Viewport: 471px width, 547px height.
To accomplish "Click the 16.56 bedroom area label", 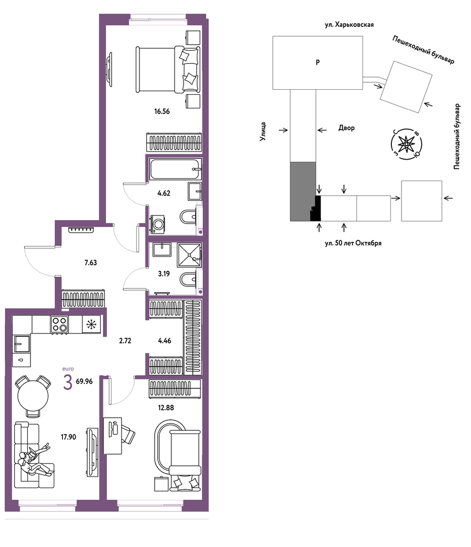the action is [x=162, y=112].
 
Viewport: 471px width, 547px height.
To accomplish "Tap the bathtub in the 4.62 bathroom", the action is [x=175, y=169].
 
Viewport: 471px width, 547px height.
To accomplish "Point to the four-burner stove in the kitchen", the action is [x=59, y=324].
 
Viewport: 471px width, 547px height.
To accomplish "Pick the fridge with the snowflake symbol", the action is [x=91, y=324].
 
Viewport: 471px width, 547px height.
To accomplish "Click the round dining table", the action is [x=33, y=396].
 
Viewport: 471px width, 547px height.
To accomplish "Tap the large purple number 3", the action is [x=68, y=382].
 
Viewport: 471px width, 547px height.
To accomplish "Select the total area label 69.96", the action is [x=84, y=381].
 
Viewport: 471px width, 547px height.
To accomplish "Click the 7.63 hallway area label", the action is [x=91, y=263].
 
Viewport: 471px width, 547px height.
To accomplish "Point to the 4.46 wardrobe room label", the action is [x=164, y=341].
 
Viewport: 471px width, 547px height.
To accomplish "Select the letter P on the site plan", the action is [x=317, y=62].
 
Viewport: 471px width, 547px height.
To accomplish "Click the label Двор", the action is [x=346, y=128].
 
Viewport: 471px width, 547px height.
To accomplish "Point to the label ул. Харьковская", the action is [x=349, y=25].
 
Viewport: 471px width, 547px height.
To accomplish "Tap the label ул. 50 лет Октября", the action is [x=353, y=243].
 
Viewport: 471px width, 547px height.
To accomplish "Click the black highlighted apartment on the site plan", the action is [x=316, y=209].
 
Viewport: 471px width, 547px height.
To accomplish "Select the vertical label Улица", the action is [x=263, y=131].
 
